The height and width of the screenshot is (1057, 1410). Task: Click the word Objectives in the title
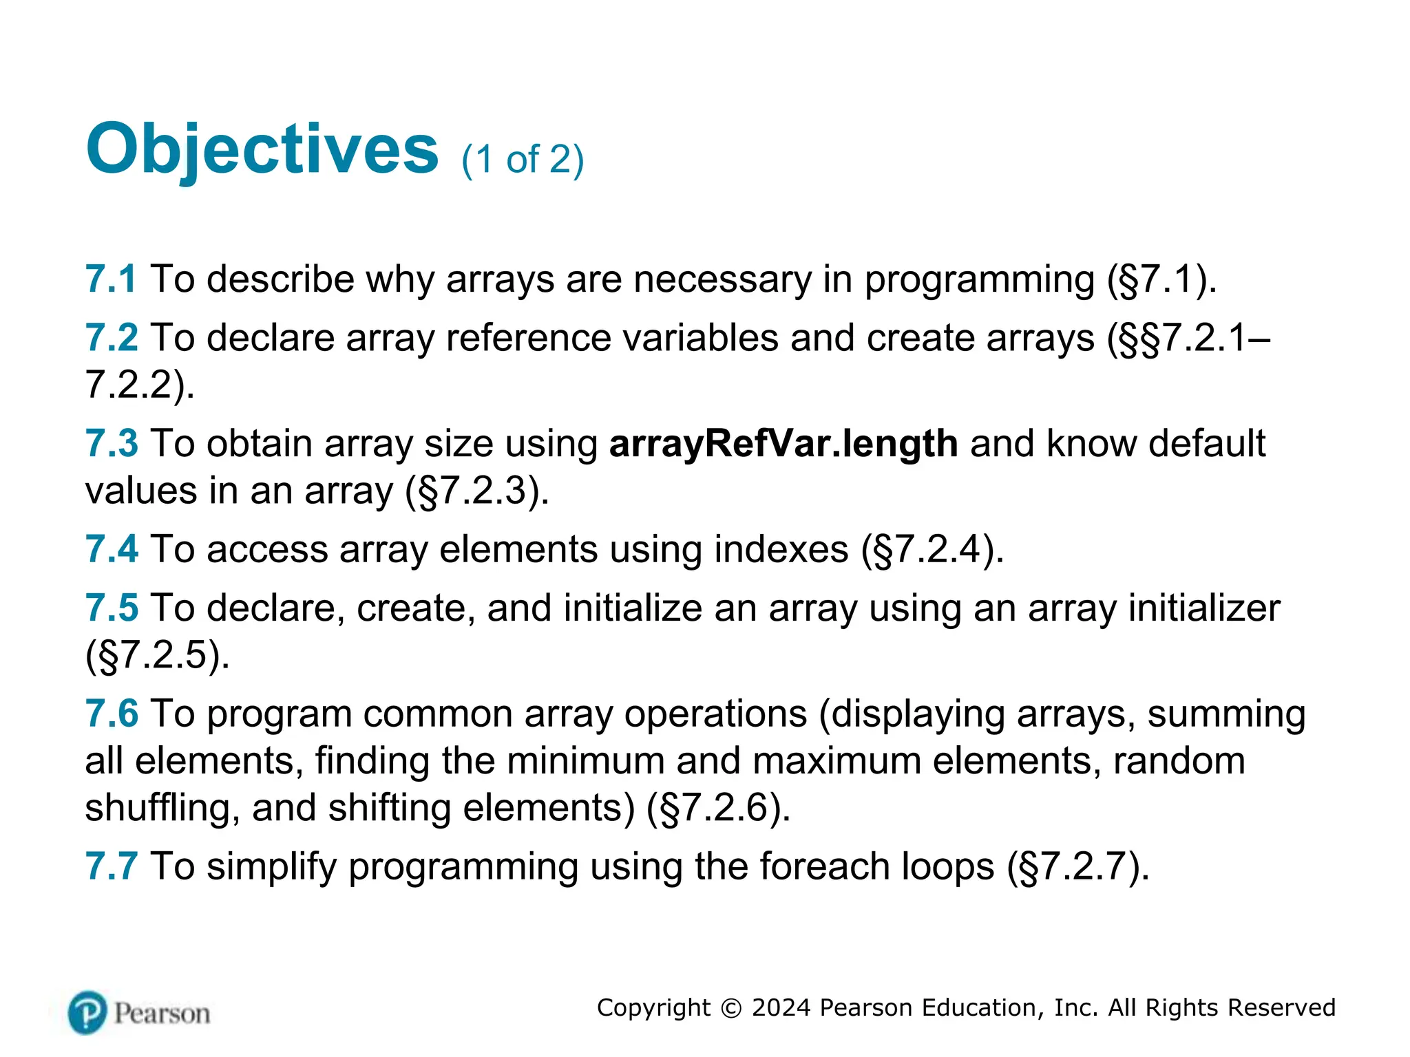(262, 149)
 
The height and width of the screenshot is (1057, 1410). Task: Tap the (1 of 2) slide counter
(523, 160)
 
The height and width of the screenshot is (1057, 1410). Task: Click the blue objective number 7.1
(111, 279)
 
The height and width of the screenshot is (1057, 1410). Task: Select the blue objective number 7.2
(112, 338)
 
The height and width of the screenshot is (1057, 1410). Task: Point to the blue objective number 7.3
(112, 443)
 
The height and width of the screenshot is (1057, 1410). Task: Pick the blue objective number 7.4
(112, 549)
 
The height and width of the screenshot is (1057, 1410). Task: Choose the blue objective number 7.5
(112, 608)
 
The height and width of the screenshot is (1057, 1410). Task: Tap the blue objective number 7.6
(112, 714)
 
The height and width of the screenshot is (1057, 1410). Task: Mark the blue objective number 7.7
(112, 866)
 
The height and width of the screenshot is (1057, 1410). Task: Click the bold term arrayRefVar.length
(783, 443)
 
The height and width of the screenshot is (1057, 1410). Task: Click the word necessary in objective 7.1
(722, 279)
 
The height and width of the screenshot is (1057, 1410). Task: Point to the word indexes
(781, 549)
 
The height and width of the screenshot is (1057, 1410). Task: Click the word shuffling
(162, 808)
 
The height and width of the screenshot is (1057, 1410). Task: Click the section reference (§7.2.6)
(718, 808)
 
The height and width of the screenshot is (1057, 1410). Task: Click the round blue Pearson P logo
(88, 1013)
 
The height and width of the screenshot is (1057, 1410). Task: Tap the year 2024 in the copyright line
(781, 1007)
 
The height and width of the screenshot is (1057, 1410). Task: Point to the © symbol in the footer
(730, 1008)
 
